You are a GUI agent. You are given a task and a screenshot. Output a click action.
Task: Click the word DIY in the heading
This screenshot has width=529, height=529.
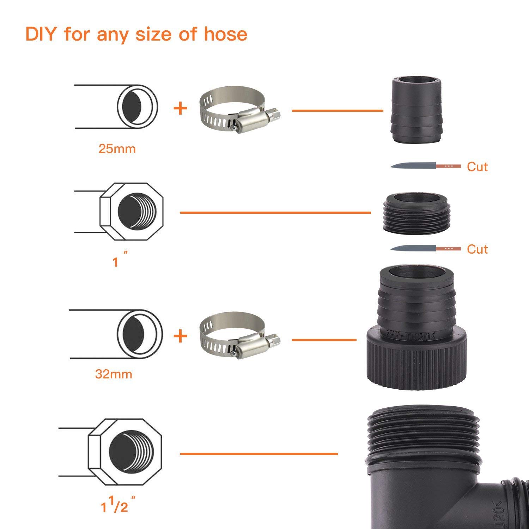[x=42, y=34]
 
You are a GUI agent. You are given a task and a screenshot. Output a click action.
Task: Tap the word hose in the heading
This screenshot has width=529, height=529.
[x=225, y=34]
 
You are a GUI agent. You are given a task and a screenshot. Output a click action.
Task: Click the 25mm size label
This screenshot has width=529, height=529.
[x=117, y=149]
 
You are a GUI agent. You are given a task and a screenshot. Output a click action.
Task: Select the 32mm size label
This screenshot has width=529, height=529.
[x=114, y=374]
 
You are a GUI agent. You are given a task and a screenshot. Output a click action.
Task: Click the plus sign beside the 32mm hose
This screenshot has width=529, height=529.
[x=180, y=336]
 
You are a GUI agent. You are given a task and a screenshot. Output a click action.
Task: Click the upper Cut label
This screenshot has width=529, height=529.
[x=477, y=166]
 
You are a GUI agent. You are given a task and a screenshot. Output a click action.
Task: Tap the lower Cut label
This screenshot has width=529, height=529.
[x=477, y=249]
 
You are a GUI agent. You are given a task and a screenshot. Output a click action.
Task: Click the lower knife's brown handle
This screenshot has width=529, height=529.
[x=449, y=248]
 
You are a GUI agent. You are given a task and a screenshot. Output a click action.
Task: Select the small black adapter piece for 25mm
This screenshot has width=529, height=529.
[x=417, y=110]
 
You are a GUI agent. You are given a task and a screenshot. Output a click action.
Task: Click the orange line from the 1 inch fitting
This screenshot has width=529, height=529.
[x=275, y=213]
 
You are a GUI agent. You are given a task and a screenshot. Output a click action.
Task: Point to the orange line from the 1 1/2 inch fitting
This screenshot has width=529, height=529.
[x=259, y=454]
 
